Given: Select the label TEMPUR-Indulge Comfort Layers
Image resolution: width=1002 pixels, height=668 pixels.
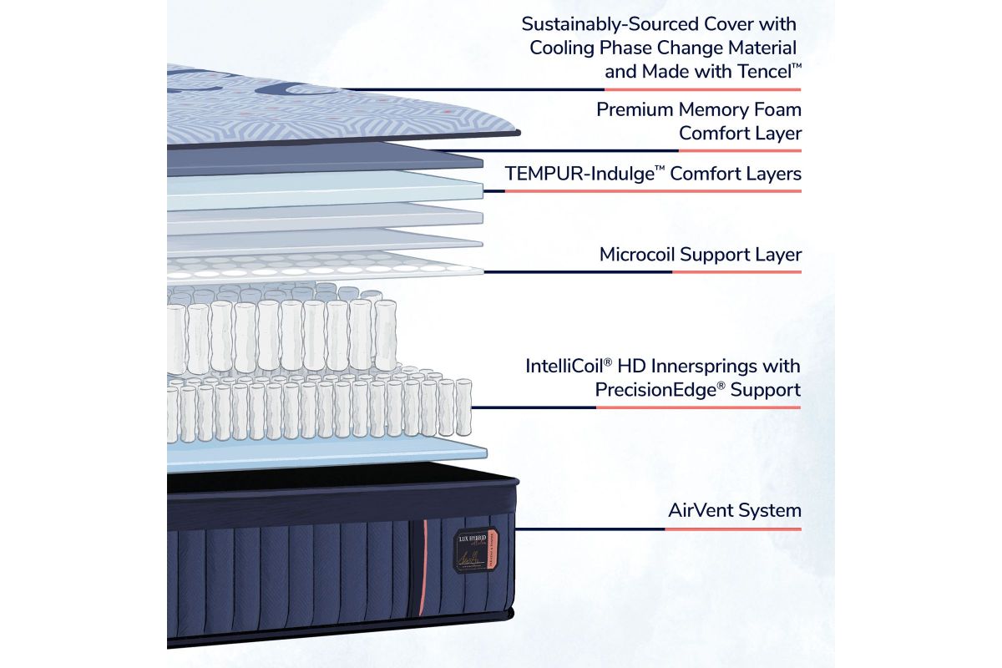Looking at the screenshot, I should pos(653,174).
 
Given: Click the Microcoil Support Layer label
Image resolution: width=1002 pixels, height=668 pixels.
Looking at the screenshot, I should pos(700,255).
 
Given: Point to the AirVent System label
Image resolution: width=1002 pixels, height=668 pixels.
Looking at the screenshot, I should pos(734,510).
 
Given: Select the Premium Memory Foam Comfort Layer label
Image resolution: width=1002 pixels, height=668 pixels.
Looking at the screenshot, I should pos(698,121).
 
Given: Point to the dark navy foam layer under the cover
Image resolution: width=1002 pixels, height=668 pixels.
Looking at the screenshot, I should pos(334,157).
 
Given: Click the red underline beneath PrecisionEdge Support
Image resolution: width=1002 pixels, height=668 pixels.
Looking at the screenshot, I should pos(698,407).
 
